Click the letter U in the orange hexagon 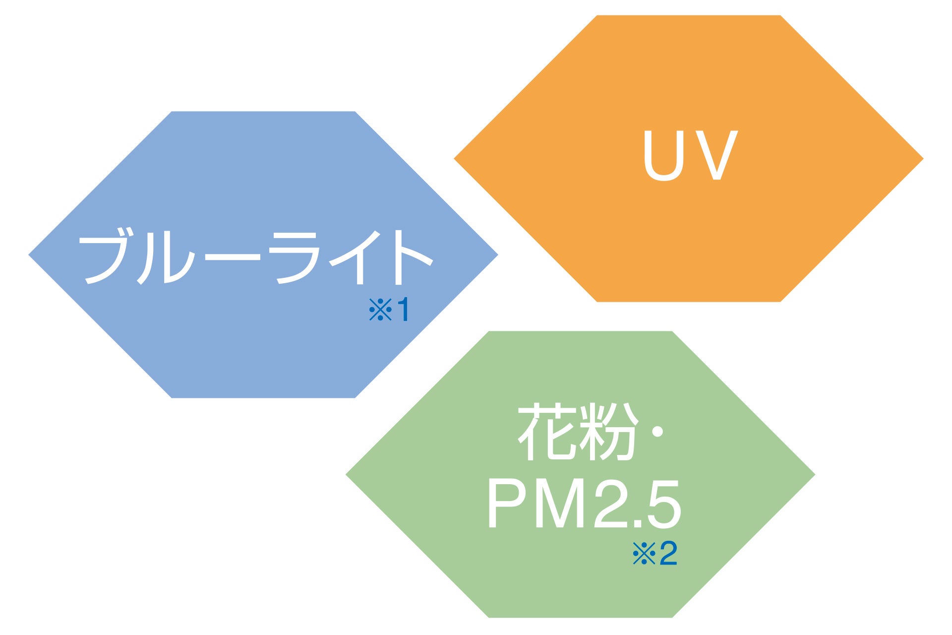click(x=663, y=155)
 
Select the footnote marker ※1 click(x=389, y=310)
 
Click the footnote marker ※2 click(x=654, y=554)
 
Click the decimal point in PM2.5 click(x=637, y=524)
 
